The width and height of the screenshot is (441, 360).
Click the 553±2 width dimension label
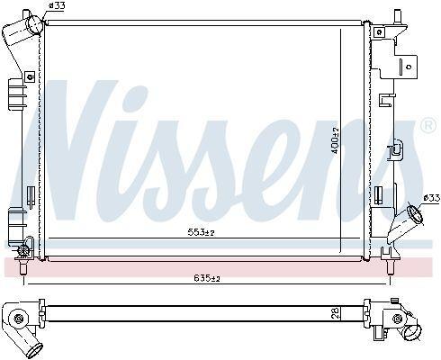coord(202,232)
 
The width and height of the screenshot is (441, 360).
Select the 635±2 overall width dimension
coord(207,278)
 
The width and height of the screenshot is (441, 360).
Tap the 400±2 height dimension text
coord(335,140)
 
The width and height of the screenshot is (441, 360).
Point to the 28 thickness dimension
coord(337,313)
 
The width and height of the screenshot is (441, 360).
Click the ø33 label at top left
coord(57,5)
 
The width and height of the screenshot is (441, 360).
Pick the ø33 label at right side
coord(432,198)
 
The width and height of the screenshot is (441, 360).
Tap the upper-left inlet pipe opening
coord(35,24)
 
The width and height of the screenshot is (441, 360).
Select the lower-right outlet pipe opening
coord(415,214)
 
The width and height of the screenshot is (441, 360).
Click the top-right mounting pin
coord(397,16)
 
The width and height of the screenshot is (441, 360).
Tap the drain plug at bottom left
coord(23,250)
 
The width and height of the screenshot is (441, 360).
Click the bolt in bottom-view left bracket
coord(18,318)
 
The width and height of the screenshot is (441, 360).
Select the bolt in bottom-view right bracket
coord(397,319)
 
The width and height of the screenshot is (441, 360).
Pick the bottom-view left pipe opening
coord(37,351)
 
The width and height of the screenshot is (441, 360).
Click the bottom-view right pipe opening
coord(412,333)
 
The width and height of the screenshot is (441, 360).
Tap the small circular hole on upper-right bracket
coord(409,67)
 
